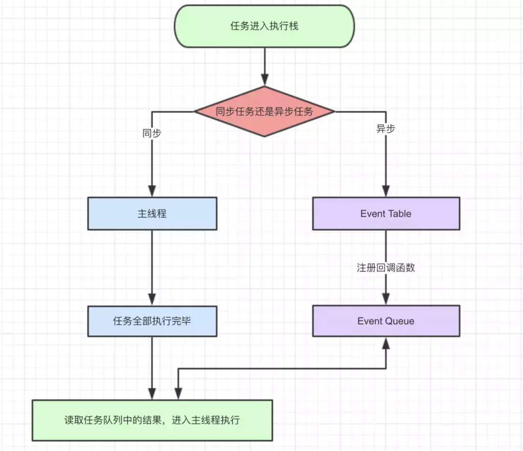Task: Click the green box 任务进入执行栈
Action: pos(264,26)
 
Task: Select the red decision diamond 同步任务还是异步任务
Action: pos(264,112)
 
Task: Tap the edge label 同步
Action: pos(152,133)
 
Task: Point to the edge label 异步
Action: pos(386,129)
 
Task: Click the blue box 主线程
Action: pos(152,213)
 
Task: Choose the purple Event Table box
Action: pos(386,213)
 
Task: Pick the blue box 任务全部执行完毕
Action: pos(152,321)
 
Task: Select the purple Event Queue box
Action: pos(386,321)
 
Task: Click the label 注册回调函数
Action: pos(386,267)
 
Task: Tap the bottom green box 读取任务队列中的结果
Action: pos(152,420)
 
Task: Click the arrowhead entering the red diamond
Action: pos(265,80)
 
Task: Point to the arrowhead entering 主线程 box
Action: pos(152,191)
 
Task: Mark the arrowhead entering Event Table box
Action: pos(386,191)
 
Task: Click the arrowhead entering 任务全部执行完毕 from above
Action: pos(152,300)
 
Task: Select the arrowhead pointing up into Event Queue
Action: pos(386,343)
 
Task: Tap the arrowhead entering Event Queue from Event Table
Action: pos(386,299)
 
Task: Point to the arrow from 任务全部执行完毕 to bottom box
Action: pos(152,368)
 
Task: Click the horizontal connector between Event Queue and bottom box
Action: pos(282,368)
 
